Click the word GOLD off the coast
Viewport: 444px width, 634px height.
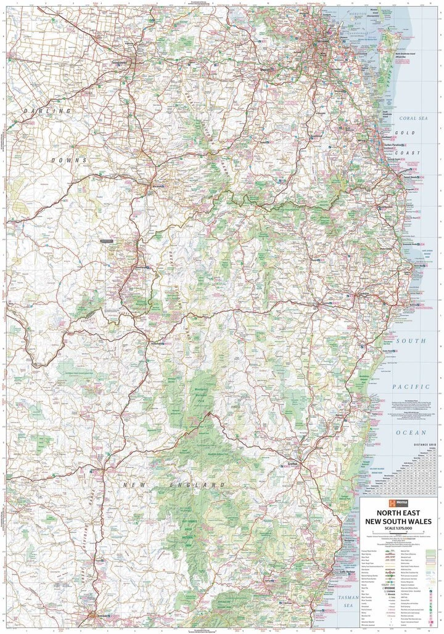click(x=409, y=133)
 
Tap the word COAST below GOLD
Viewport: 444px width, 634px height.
click(x=409, y=153)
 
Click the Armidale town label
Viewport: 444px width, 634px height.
click(x=100, y=616)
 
